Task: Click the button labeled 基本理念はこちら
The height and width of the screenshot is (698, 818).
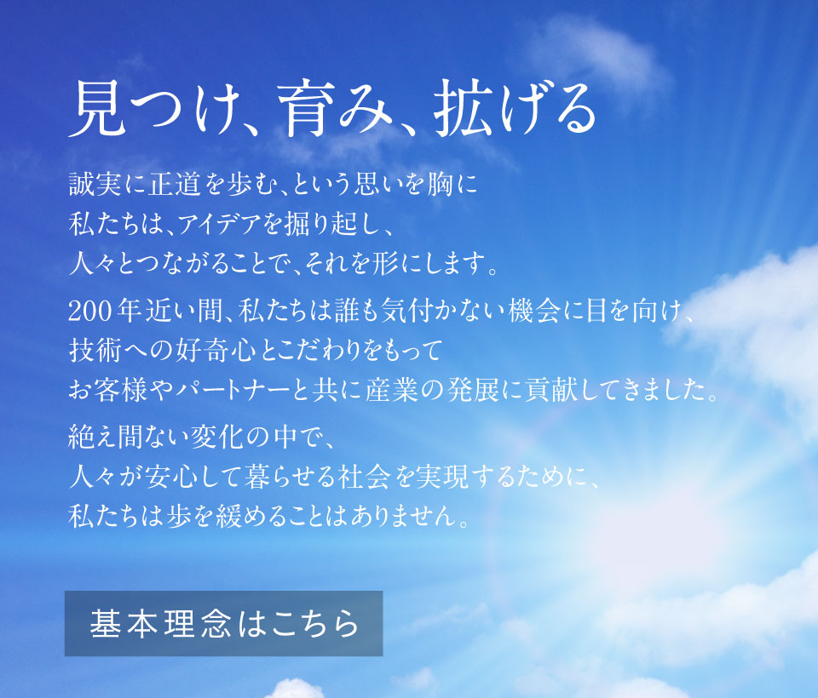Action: [x=224, y=623]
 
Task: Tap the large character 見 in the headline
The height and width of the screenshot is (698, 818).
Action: [x=99, y=108]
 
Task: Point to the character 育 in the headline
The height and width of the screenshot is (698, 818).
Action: [x=306, y=108]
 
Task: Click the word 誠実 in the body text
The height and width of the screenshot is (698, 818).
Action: [x=95, y=185]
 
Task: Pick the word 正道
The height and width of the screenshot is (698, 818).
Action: [x=175, y=185]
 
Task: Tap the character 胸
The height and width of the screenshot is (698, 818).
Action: [x=440, y=185]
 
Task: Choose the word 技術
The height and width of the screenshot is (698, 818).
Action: [x=95, y=351]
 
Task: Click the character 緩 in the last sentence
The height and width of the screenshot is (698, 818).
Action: [x=228, y=516]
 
